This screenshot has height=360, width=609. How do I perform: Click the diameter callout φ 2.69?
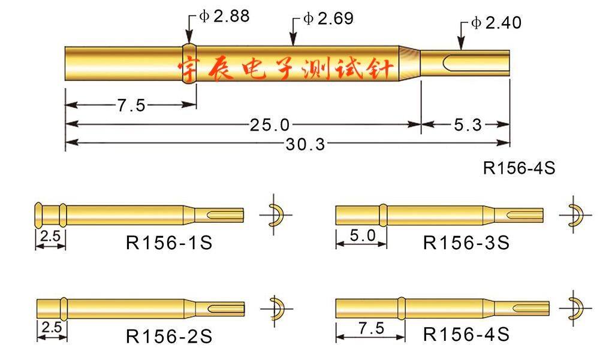click(x=328, y=19)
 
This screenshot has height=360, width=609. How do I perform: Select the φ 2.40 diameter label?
click(x=496, y=23)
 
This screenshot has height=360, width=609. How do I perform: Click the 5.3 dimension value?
click(x=468, y=125)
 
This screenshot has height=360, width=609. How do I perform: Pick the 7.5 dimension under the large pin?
click(x=131, y=106)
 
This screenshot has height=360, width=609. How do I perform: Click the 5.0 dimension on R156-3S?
click(x=361, y=236)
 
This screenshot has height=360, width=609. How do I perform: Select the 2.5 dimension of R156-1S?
click(x=50, y=236)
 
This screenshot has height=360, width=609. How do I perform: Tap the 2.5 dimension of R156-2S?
click(x=52, y=328)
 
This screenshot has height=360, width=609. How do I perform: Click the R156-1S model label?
click(x=169, y=243)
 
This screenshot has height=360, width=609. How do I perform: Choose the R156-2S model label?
click(x=169, y=335)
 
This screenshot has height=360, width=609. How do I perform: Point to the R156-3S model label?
click(x=466, y=243)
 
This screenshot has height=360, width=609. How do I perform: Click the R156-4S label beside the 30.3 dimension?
click(x=519, y=168)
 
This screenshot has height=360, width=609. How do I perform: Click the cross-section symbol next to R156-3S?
click(x=574, y=214)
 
